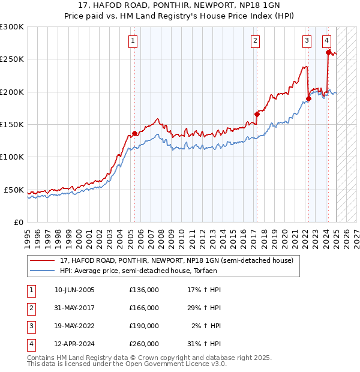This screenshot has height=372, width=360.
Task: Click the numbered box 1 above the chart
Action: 132,41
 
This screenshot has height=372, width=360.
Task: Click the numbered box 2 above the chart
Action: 255,41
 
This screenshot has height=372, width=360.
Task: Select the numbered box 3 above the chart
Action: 307,41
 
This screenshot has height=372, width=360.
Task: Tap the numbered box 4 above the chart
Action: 326,41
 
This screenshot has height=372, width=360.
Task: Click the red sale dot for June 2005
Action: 134,133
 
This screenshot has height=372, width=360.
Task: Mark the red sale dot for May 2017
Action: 257,114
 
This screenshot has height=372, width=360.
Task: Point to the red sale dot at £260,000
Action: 328,52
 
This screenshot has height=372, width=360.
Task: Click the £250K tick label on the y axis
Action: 12,59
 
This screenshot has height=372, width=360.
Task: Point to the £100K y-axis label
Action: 12,157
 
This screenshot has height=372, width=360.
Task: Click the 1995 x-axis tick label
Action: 28,235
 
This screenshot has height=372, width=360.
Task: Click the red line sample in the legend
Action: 41,261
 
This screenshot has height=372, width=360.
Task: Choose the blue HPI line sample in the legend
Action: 41,271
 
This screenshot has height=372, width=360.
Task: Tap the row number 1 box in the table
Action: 31,290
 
